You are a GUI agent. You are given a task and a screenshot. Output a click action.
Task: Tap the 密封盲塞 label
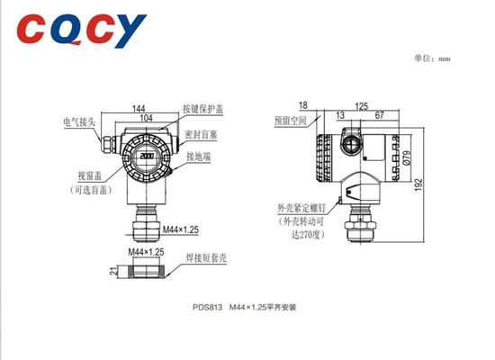[x=202, y=134]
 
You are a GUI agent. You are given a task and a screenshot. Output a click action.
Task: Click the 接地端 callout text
[x=199, y=156]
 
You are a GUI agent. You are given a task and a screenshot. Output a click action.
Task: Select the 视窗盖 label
[x=81, y=176]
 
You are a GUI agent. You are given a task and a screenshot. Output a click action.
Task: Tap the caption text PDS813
[x=206, y=306]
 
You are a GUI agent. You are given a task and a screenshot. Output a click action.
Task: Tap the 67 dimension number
[x=381, y=115]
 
